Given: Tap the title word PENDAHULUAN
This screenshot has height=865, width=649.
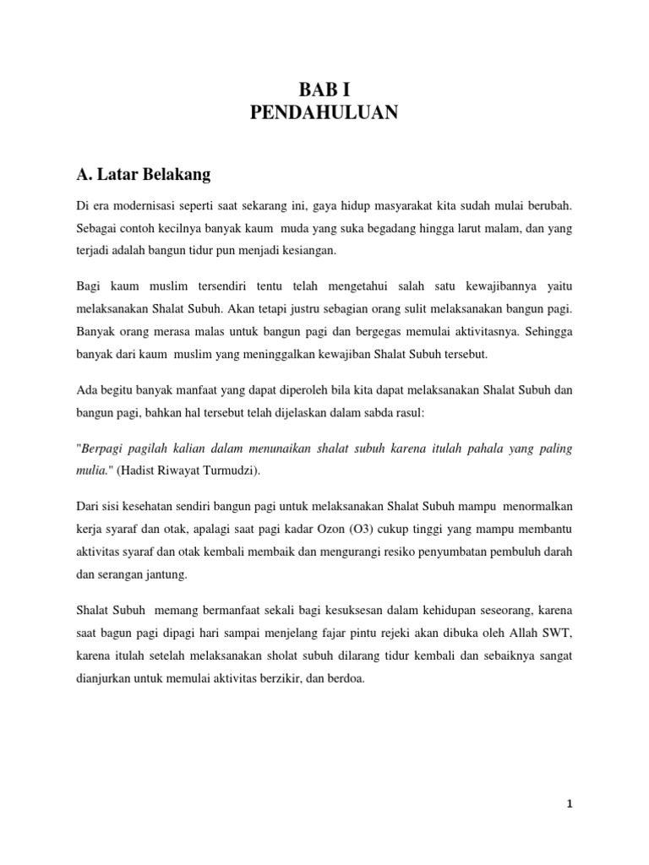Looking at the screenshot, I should click(324, 113).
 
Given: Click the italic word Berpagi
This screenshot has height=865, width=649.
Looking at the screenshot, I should click(106, 449).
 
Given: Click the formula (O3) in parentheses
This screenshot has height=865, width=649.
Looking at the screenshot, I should click(371, 529).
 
